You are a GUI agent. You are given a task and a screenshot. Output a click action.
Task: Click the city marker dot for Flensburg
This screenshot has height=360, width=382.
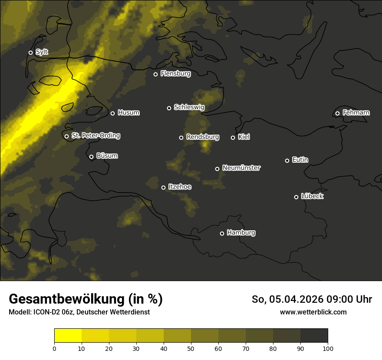click(x=155, y=74)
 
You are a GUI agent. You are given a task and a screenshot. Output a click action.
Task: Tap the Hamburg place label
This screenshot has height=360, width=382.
click(x=241, y=233)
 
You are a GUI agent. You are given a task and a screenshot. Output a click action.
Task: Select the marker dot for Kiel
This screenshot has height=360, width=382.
click(x=233, y=137)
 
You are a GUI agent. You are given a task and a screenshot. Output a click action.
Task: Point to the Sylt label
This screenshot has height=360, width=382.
click(x=42, y=52)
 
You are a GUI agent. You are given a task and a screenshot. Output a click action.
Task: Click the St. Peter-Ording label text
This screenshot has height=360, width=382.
click(x=95, y=136)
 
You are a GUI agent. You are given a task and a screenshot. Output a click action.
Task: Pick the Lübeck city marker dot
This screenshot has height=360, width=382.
click(x=296, y=197)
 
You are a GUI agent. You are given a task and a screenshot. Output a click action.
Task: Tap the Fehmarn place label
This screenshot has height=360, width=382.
click(x=356, y=113)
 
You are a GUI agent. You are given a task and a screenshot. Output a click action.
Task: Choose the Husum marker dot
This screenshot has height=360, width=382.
click(x=112, y=113)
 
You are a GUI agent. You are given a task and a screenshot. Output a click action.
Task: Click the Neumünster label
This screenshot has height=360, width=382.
click(x=241, y=168)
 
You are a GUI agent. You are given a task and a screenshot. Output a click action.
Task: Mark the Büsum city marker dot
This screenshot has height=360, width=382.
click(x=91, y=157)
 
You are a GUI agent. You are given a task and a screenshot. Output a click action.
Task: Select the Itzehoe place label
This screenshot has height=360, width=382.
click(x=180, y=187)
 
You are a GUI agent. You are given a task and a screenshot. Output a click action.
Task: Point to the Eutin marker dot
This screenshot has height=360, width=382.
click(x=287, y=160)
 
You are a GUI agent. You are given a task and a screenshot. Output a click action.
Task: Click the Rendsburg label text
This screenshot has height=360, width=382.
click(x=203, y=137)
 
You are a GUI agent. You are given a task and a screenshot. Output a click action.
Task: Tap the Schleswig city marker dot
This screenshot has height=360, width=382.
click(x=169, y=108)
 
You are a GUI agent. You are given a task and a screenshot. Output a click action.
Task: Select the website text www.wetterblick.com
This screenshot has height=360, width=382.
click(x=313, y=312)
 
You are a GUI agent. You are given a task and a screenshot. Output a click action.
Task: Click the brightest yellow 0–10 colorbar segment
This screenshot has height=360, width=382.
click(x=68, y=336)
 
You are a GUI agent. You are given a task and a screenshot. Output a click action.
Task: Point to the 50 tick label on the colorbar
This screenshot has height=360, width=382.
click(x=191, y=348)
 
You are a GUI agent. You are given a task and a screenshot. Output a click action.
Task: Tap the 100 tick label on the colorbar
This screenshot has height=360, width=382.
click(x=328, y=348)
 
